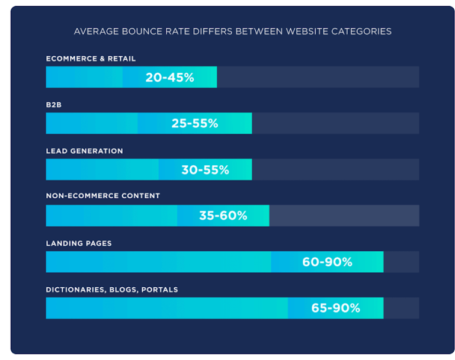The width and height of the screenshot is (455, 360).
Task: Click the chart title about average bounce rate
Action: pyautogui.click(x=232, y=31)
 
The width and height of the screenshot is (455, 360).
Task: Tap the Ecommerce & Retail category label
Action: pyautogui.click(x=91, y=59)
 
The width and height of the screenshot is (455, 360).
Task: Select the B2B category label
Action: pyautogui.click(x=54, y=105)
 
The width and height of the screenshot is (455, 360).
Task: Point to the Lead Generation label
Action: pyautogui.click(x=84, y=151)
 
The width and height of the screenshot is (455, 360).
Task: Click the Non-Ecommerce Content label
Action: pyautogui.click(x=102, y=196)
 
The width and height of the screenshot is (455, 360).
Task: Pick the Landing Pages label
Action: pyautogui.click(x=79, y=243)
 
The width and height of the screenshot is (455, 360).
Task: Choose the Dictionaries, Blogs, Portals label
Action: pyautogui.click(x=111, y=290)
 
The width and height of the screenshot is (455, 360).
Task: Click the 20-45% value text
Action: pyautogui.click(x=169, y=78)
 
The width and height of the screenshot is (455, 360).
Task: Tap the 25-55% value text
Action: pyautogui.click(x=194, y=124)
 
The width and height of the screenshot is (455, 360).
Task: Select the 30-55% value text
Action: pyautogui.click(x=205, y=170)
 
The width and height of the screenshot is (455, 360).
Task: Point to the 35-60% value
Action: pyautogui.click(x=223, y=216)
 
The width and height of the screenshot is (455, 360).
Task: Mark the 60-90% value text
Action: pyautogui.click(x=327, y=262)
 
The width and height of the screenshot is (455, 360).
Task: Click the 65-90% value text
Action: pyautogui.click(x=335, y=308)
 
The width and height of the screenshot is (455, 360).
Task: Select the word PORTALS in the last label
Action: pyautogui.click(x=158, y=290)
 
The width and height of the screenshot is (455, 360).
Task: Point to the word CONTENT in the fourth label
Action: pyautogui.click(x=141, y=196)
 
